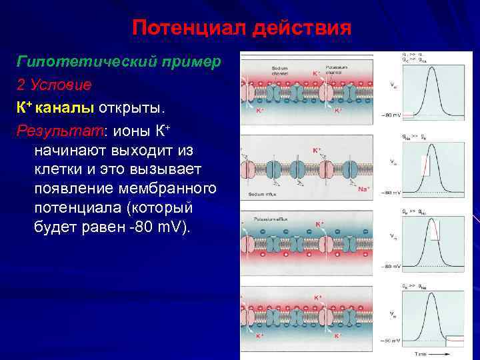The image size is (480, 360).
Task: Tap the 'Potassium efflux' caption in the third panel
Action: pyautogui.click(x=270, y=218)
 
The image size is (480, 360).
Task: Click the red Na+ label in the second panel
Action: pyautogui.click(x=364, y=189)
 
